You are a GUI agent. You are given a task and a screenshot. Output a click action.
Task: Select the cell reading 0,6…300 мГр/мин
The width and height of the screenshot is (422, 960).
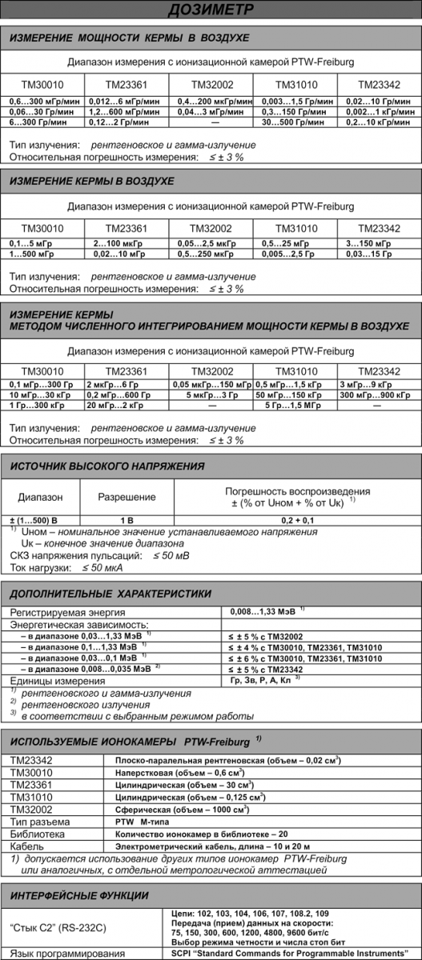(x=40, y=102)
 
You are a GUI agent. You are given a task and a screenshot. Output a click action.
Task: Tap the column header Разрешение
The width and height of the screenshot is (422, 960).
(x=127, y=497)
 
